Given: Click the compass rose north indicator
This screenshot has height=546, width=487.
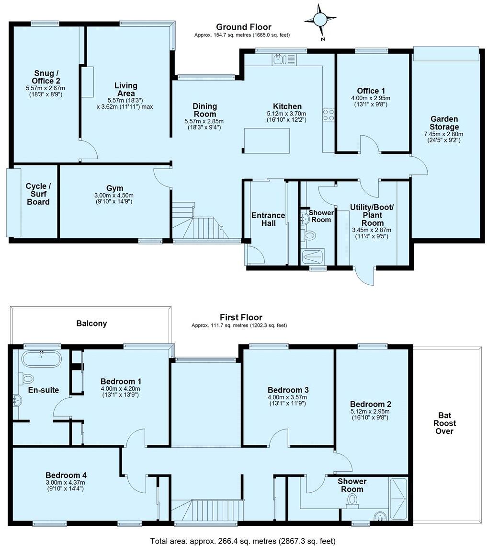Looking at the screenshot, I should pos(318,19).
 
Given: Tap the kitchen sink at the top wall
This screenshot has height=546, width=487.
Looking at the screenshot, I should pos(279,59).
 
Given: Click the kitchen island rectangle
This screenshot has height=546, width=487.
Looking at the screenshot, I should pos(268,140).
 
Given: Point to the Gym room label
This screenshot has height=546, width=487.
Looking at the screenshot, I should pos(115,188).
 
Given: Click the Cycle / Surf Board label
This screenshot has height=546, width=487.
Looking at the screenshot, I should pos(38,194).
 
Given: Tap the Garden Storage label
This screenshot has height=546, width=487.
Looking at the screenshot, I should pos(444,123).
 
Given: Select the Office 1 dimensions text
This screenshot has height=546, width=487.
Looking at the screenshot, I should pos(371,101).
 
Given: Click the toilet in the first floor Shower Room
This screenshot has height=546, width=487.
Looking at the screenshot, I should pos(353,500).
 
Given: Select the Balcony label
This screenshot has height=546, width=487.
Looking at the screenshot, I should pos(91,324).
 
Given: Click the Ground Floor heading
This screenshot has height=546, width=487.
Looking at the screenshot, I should pos(243,27).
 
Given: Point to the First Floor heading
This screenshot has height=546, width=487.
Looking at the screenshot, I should pos(241,317).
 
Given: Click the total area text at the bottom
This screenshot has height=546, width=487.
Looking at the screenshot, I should pos(243,541).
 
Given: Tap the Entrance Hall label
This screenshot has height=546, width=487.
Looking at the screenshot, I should pos(268,220).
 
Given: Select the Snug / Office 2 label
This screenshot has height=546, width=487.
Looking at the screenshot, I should pos(46,77).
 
